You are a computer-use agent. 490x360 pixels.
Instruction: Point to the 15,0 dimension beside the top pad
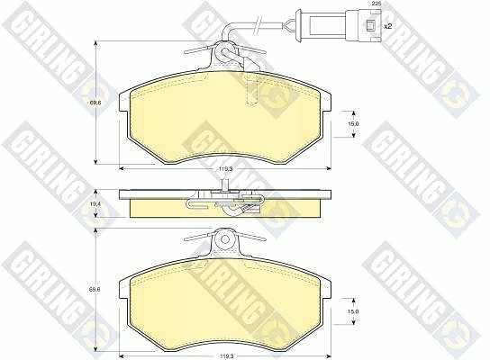[353, 124]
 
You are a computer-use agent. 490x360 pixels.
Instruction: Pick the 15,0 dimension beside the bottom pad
[353, 311]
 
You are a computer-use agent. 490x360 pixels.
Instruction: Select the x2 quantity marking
[387, 26]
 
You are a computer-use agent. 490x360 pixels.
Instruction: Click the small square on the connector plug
[370, 25]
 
